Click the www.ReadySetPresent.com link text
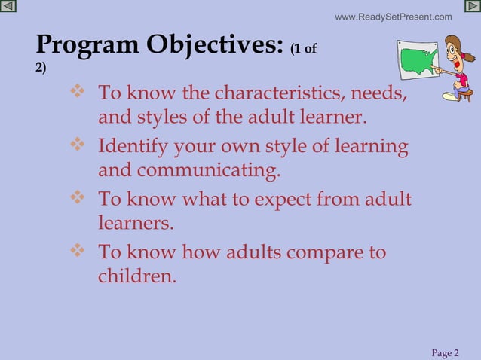(x=393, y=17)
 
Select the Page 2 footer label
(x=445, y=353)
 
